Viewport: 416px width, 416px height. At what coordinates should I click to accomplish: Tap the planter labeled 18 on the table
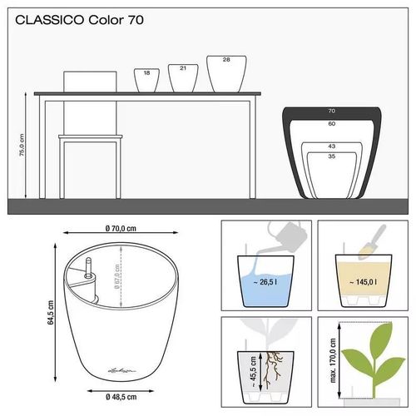coord(147,79)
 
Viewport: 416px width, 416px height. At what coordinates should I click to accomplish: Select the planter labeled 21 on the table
coord(183,76)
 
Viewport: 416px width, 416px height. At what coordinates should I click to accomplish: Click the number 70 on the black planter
coord(331,111)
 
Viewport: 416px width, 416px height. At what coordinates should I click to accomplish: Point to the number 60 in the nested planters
coord(331,123)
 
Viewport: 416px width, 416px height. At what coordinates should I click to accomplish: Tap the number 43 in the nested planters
coord(331,146)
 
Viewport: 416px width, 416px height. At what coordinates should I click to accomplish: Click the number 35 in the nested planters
coord(331,156)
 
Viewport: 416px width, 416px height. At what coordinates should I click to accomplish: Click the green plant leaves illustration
coord(369,349)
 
